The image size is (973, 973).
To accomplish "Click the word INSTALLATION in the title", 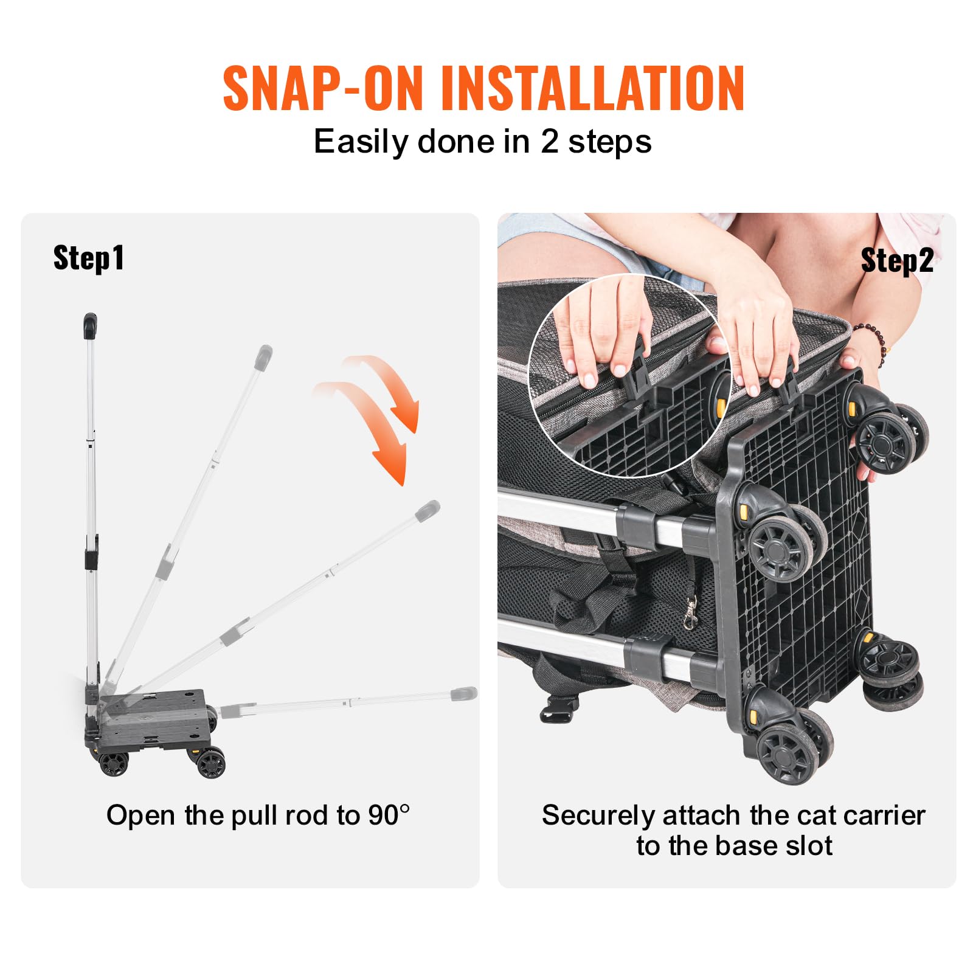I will point(593,88).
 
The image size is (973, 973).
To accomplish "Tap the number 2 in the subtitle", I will point(549,142).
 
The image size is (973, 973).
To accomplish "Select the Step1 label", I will point(89,258).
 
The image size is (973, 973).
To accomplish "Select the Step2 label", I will point(897,261).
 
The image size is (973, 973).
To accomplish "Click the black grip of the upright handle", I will point(90,326).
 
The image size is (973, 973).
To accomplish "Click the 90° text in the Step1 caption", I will point(389,815).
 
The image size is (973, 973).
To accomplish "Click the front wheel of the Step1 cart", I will point(210,764).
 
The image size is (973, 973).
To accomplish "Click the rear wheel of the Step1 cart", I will point(114,764).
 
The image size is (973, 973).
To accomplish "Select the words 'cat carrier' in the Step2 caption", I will point(859,815).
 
